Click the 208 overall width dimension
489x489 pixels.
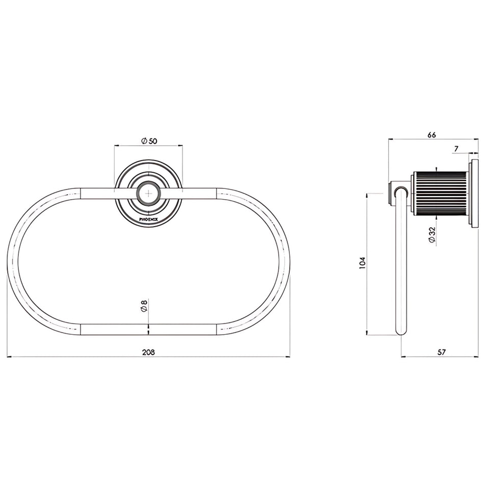148,352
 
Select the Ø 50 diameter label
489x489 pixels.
149,141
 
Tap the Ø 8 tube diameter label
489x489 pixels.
144,305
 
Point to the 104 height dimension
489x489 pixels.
362,263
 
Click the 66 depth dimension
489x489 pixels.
431,134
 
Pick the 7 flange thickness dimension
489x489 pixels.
456,149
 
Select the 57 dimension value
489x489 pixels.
442,352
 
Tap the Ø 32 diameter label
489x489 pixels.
432,234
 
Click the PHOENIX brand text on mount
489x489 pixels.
148,220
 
